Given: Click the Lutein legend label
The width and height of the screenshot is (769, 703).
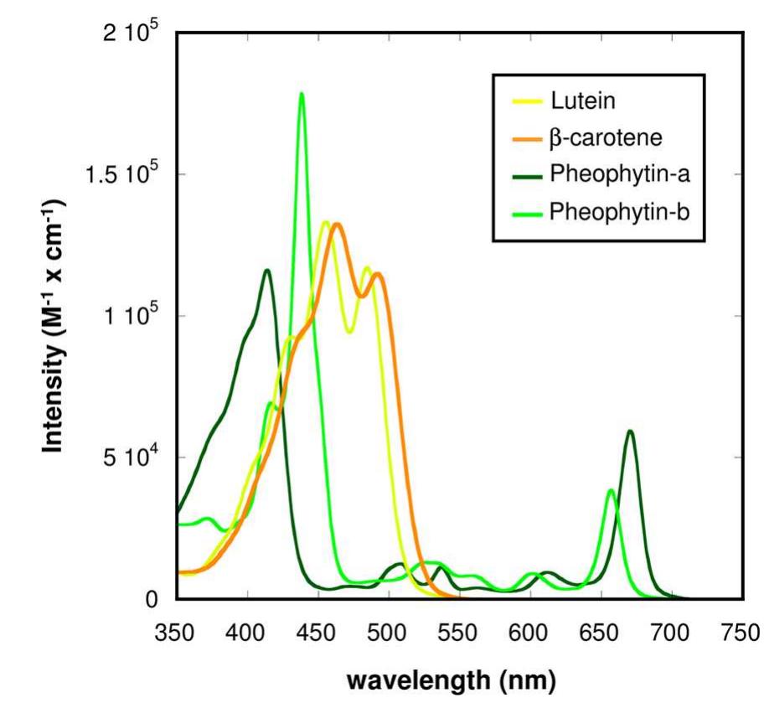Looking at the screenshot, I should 583,102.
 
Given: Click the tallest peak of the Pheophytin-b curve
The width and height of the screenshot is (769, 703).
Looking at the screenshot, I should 302,94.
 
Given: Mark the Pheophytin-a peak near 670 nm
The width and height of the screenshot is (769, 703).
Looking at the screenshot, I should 629,432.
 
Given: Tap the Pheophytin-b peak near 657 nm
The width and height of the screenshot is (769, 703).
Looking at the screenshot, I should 612,490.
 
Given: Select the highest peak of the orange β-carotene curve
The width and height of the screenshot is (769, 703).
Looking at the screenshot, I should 337,225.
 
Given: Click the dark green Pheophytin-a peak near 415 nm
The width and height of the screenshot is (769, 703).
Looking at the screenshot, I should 267,270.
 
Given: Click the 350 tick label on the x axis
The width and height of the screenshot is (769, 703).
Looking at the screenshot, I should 177,628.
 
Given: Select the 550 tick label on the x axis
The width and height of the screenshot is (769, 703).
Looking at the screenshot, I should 459,628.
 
